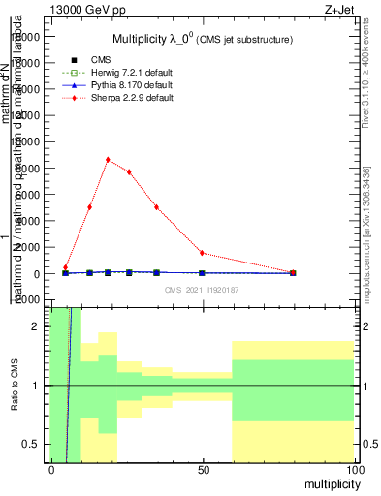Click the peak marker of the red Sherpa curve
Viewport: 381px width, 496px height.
(x=108, y=160)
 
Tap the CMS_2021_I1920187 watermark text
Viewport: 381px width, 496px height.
(x=202, y=289)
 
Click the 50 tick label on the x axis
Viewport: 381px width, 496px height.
(x=203, y=470)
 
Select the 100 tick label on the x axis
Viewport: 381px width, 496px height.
(x=354, y=470)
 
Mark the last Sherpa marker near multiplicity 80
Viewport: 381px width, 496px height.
(x=294, y=272)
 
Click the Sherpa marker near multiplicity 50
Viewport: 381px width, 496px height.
(x=202, y=253)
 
